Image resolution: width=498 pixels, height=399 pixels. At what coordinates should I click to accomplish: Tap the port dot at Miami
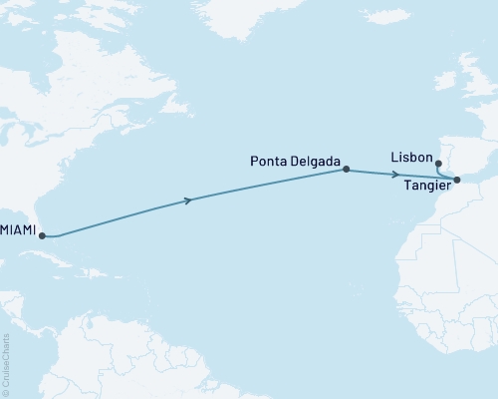[x=42, y=236]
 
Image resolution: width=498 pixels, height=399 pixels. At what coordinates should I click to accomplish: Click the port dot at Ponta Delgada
[x=346, y=170]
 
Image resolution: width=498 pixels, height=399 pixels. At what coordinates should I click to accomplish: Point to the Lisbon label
[x=411, y=159]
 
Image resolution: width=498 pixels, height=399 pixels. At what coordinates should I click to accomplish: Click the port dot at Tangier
[x=457, y=181]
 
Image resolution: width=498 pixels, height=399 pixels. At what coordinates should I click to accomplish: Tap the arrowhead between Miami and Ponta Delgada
[x=186, y=201]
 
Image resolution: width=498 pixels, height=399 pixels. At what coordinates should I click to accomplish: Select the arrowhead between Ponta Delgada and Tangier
[x=396, y=175]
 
